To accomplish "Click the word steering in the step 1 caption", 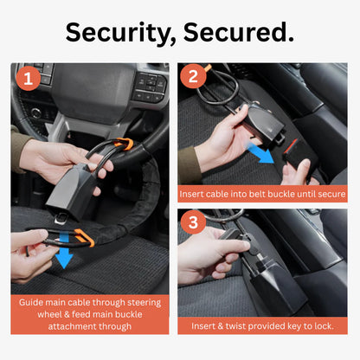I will click(x=144, y=303).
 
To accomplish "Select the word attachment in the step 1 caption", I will click(x=69, y=327).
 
